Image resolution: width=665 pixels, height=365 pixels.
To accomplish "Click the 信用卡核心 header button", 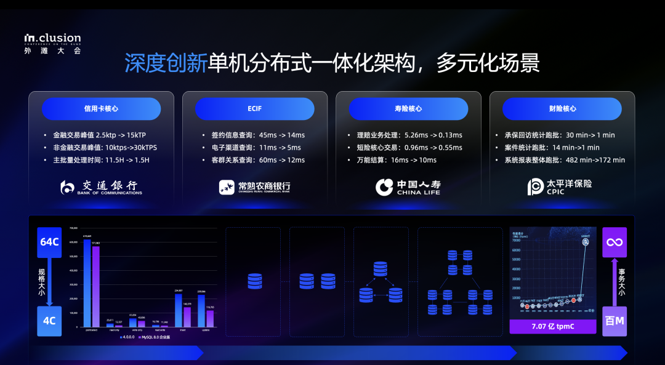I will point(101,108).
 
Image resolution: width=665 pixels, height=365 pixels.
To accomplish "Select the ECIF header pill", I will point(254,108).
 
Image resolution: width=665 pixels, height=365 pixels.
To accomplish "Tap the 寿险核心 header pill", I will point(408,108).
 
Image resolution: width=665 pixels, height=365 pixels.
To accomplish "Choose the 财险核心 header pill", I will point(562,108).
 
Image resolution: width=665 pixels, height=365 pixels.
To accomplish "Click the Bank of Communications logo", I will point(101,187).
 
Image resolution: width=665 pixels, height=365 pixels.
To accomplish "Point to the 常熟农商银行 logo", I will point(254,187).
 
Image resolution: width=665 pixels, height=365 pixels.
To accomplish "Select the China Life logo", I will point(408,187).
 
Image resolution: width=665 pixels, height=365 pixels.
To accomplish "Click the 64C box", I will point(49,242).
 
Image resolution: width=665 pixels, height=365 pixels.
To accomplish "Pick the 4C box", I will point(49,321).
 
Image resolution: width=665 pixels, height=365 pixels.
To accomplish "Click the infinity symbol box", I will point(614,242).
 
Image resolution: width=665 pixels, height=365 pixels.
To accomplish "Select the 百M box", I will point(614,321).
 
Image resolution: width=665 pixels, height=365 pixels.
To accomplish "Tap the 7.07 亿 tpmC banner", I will point(552,326).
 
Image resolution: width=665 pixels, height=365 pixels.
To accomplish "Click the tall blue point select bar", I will point(87,283).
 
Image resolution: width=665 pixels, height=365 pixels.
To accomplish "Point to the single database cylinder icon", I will point(254,281).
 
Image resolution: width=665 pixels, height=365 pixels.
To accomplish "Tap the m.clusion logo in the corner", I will point(52,42).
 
